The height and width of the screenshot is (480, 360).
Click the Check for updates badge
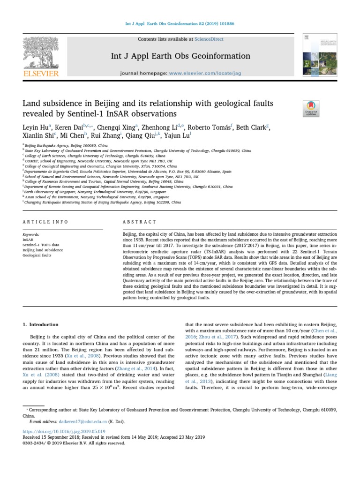311,108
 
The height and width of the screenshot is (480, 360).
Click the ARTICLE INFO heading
45,222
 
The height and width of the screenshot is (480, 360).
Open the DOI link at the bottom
64,431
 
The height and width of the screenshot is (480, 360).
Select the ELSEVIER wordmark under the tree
41,74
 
